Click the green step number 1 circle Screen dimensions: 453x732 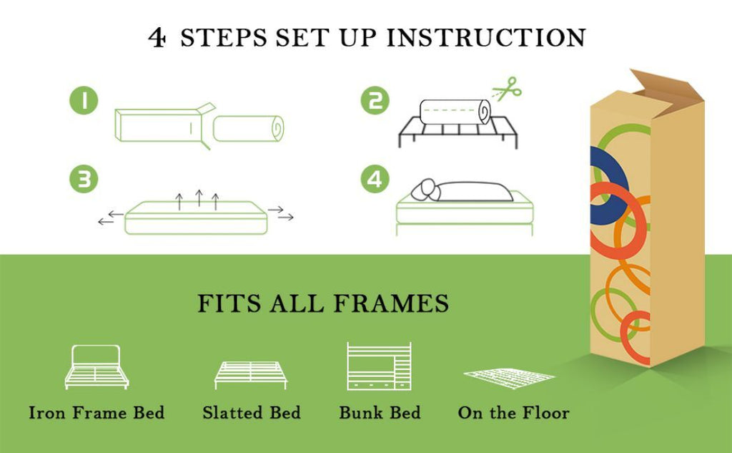[84, 102]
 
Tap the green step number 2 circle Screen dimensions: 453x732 [375, 101]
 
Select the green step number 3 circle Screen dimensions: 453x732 [84, 180]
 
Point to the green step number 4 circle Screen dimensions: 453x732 [375, 179]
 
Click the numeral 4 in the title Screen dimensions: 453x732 [157, 37]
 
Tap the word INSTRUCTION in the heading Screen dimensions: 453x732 [486, 37]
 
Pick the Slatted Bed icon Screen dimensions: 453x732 [251, 374]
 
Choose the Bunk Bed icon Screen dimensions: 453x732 [379, 366]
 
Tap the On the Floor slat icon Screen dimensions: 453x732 [509, 376]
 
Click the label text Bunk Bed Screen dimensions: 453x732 [380, 413]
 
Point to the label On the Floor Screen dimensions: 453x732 [513, 413]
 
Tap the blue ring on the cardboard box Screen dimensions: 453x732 [599, 179]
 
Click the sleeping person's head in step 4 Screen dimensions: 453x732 [427, 187]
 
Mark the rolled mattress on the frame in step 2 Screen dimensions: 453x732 [454, 112]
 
